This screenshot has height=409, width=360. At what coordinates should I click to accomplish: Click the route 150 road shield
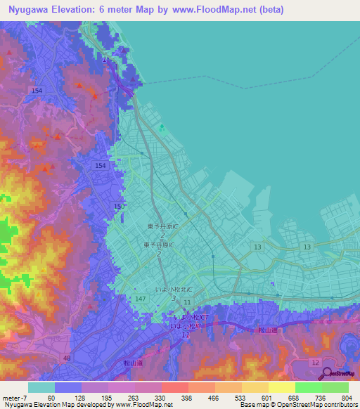coord(118,206)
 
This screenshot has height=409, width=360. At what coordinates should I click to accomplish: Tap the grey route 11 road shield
coord(186,302)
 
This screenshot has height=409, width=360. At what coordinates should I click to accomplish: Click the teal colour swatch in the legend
coord(41,387)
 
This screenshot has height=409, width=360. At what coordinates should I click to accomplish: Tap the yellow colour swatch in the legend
coord(281,387)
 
